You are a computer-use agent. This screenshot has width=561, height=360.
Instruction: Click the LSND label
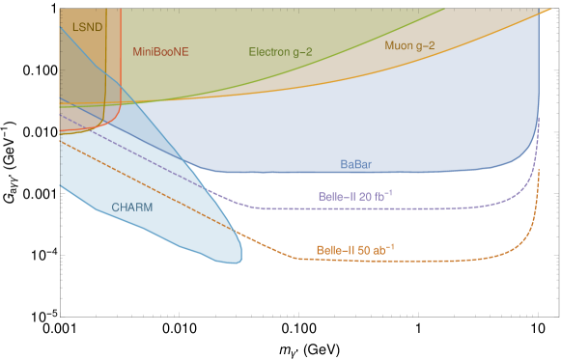[x=87, y=27]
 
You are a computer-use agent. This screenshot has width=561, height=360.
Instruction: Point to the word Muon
[x=399, y=45]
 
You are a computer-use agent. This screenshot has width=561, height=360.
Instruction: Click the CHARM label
[x=131, y=207]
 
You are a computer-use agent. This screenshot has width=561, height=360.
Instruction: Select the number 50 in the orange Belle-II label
[x=364, y=250]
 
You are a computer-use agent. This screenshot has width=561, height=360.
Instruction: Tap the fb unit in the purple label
[x=382, y=196]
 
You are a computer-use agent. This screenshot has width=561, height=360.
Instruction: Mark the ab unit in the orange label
[x=382, y=250]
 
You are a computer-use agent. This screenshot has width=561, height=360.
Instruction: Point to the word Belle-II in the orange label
[x=335, y=250]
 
